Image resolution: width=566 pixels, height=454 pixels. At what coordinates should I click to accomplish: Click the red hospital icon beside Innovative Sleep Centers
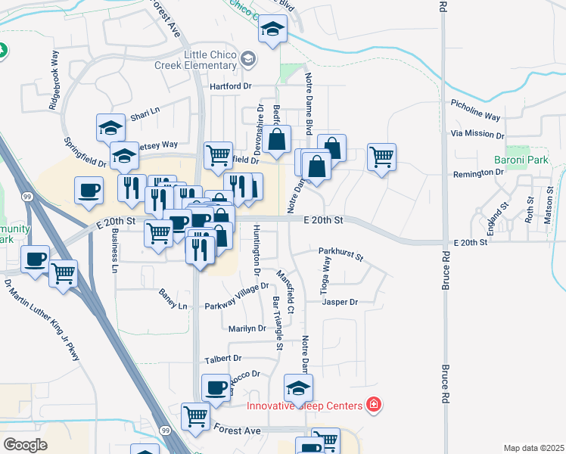coord(373,406)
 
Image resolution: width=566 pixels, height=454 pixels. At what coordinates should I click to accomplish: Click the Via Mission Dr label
coord(477,133)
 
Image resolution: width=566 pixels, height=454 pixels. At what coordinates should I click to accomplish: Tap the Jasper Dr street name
coord(339,302)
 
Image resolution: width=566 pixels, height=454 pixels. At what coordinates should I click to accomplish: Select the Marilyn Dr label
coord(247,328)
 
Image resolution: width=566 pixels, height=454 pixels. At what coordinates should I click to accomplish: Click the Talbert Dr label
coord(222,358)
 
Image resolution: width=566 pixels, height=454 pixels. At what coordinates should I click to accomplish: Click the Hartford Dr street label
coord(231,86)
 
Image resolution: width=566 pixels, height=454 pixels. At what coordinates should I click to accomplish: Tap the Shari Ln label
coord(145,113)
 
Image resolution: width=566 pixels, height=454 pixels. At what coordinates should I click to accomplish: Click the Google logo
coord(25,444)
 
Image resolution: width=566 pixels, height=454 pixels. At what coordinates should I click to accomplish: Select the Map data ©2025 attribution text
coord(533,448)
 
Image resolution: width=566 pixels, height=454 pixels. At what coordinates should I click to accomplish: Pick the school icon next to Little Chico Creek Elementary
coord(247,58)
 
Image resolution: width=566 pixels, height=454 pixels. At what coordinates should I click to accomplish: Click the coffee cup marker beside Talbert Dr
coord(216,387)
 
